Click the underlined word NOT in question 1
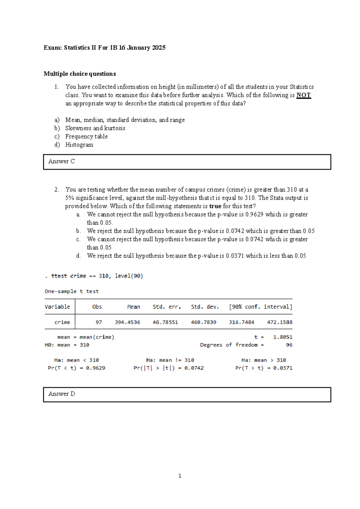point(303,95)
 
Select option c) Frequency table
point(86,137)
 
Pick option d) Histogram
point(79,145)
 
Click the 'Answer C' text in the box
point(61,161)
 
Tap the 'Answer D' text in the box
point(62,394)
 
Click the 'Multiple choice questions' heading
point(80,74)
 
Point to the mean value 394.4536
point(127,322)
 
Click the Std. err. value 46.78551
point(165,322)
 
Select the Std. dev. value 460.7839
point(203,322)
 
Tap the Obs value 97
point(99,322)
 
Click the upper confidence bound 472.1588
point(280,322)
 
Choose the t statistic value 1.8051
point(283,337)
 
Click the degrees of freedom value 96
point(289,345)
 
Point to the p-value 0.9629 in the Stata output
point(95,368)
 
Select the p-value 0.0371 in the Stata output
point(283,368)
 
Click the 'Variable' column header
point(57,307)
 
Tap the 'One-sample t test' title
point(71,291)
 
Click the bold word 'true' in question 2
point(215,206)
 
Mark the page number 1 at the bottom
point(180,476)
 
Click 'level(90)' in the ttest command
point(129,276)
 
